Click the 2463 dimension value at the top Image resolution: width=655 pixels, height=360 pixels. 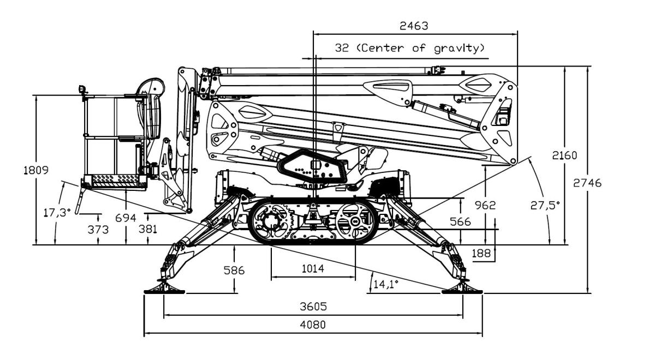click(x=414, y=26)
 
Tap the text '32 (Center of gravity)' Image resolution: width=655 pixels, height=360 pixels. click(x=410, y=48)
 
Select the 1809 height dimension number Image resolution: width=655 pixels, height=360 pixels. click(x=36, y=170)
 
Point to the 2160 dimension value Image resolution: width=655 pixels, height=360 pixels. click(x=564, y=155)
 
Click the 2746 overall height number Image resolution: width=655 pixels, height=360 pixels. click(x=587, y=183)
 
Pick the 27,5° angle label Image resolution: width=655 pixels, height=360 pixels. click(x=545, y=206)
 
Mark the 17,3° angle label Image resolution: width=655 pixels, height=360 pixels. click(x=57, y=212)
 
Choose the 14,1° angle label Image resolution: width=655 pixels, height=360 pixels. click(x=386, y=284)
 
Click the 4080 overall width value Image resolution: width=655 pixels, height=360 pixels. click(x=313, y=325)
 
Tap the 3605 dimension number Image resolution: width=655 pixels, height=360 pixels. click(x=313, y=307)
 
